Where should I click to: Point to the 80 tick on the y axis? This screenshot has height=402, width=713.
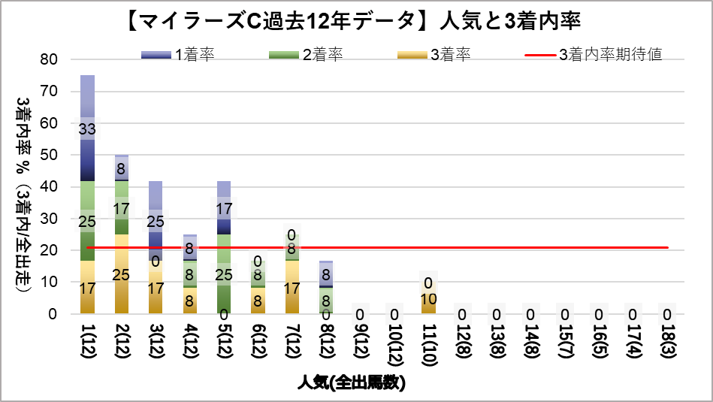(x=49, y=59)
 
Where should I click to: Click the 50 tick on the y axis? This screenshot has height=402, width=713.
(x=49, y=155)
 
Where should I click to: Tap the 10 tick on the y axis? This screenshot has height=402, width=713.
(x=49, y=283)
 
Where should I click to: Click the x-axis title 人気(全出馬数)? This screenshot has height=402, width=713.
(x=352, y=383)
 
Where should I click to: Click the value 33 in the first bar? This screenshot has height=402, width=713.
(x=87, y=129)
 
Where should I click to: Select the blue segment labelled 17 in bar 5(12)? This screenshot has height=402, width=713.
(x=224, y=208)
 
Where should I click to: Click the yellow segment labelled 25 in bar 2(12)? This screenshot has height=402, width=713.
(x=122, y=274)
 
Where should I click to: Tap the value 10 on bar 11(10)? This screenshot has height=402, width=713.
(x=429, y=299)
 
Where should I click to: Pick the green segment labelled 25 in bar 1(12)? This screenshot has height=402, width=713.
(x=87, y=221)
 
